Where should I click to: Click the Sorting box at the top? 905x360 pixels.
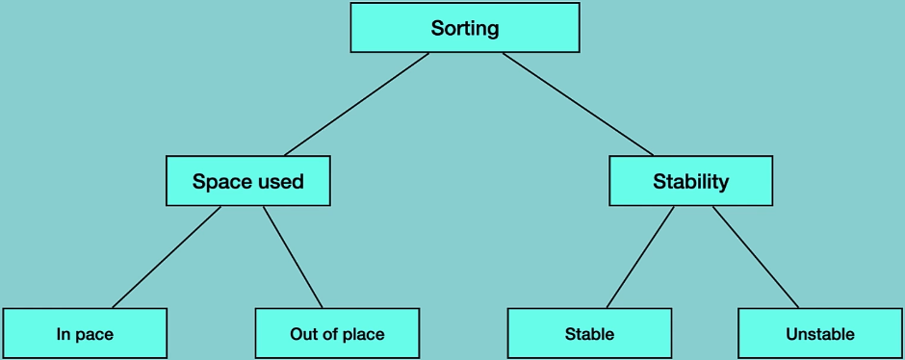click(464, 28)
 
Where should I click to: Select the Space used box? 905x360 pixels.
click(247, 181)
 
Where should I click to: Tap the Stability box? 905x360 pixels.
click(690, 181)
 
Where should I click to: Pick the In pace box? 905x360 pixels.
click(85, 334)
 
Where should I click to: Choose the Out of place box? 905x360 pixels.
click(337, 334)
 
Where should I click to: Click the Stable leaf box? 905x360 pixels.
click(589, 334)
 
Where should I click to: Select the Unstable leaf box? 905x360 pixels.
click(819, 334)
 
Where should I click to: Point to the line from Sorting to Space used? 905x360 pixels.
click(356, 104)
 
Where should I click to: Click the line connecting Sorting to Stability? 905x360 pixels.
click(578, 104)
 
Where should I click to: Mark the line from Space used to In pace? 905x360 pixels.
click(167, 257)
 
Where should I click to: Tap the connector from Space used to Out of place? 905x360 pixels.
click(293, 257)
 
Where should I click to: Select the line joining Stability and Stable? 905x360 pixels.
click(640, 257)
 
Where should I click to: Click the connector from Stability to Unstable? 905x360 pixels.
click(756, 257)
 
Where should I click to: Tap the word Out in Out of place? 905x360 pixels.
click(302, 335)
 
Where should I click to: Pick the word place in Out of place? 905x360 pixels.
click(363, 335)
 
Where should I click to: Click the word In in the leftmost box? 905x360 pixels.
click(63, 335)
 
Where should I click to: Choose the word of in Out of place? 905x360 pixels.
click(328, 335)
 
